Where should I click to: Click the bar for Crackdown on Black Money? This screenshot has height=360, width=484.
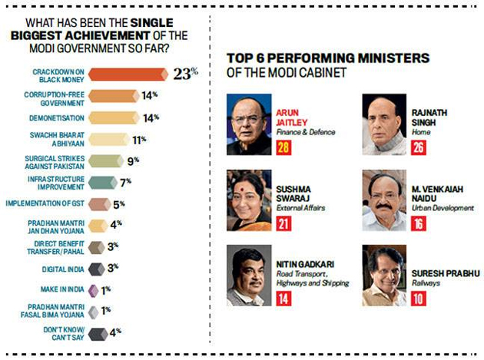127,74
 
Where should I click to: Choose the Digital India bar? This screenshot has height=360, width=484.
97,269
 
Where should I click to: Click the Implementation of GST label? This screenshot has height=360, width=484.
45,203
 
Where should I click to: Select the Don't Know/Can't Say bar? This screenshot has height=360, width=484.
97,333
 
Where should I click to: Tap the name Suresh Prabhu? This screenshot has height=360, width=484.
449,274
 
